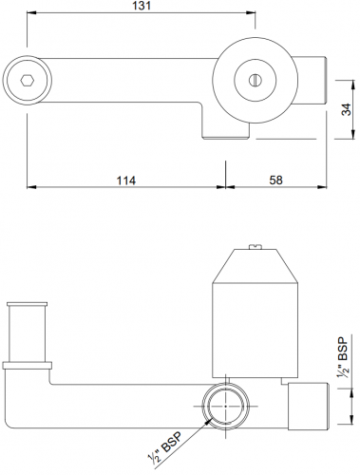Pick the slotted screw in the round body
[x=254, y=79]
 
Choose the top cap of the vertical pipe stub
[x=25, y=304]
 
